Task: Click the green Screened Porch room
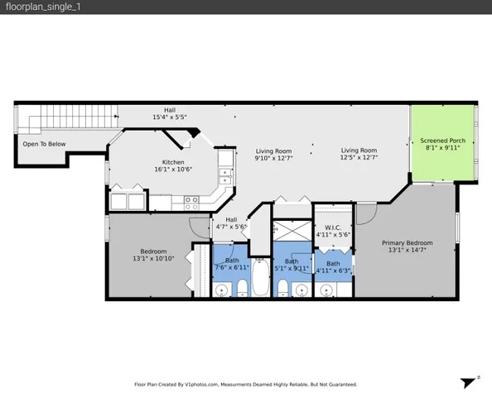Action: [443, 145]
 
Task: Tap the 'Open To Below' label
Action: [44, 144]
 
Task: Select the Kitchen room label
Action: [173, 165]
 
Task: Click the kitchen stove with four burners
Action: [191, 200]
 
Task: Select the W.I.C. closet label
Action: [334, 230]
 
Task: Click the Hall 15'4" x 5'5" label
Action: [169, 114]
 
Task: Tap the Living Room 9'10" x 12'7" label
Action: [273, 155]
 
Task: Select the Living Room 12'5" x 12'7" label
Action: [359, 154]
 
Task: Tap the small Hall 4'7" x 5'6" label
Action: [232, 223]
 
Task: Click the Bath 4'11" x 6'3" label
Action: [332, 266]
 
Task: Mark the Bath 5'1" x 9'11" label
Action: [292, 265]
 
